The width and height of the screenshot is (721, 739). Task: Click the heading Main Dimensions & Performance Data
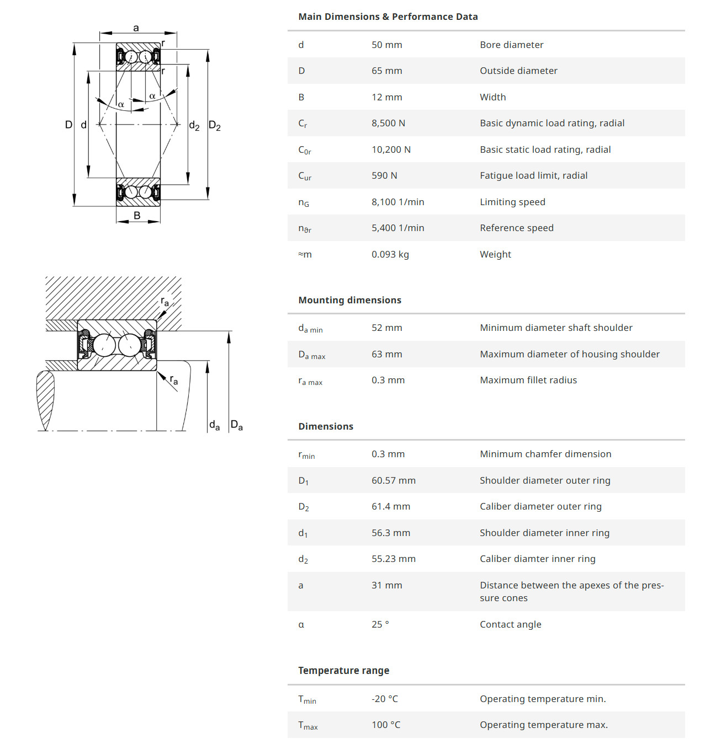point(388,17)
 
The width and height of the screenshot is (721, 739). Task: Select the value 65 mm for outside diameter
point(386,71)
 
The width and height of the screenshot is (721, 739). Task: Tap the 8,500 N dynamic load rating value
point(388,123)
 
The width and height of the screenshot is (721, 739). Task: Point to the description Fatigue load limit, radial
point(533,175)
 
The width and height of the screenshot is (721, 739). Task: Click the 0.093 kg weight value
point(390,254)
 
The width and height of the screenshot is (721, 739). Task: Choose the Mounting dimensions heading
point(349,300)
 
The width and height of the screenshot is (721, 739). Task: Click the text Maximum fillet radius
point(528,380)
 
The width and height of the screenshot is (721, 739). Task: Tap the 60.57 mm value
point(393,480)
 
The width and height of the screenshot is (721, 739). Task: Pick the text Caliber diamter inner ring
point(537,559)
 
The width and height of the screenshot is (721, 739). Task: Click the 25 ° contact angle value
point(380,624)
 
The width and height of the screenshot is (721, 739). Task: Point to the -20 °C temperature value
point(384,699)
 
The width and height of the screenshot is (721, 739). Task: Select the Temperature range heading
point(343,671)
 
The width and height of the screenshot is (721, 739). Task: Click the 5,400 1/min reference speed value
point(397,228)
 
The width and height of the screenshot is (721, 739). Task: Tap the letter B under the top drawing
point(137,216)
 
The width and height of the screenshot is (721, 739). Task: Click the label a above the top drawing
point(136,28)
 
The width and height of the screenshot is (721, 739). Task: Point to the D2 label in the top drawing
point(214,126)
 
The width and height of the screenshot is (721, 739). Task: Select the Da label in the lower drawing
point(236,425)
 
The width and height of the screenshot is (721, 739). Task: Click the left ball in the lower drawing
point(104,345)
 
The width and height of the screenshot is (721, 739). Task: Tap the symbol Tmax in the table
point(308,726)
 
